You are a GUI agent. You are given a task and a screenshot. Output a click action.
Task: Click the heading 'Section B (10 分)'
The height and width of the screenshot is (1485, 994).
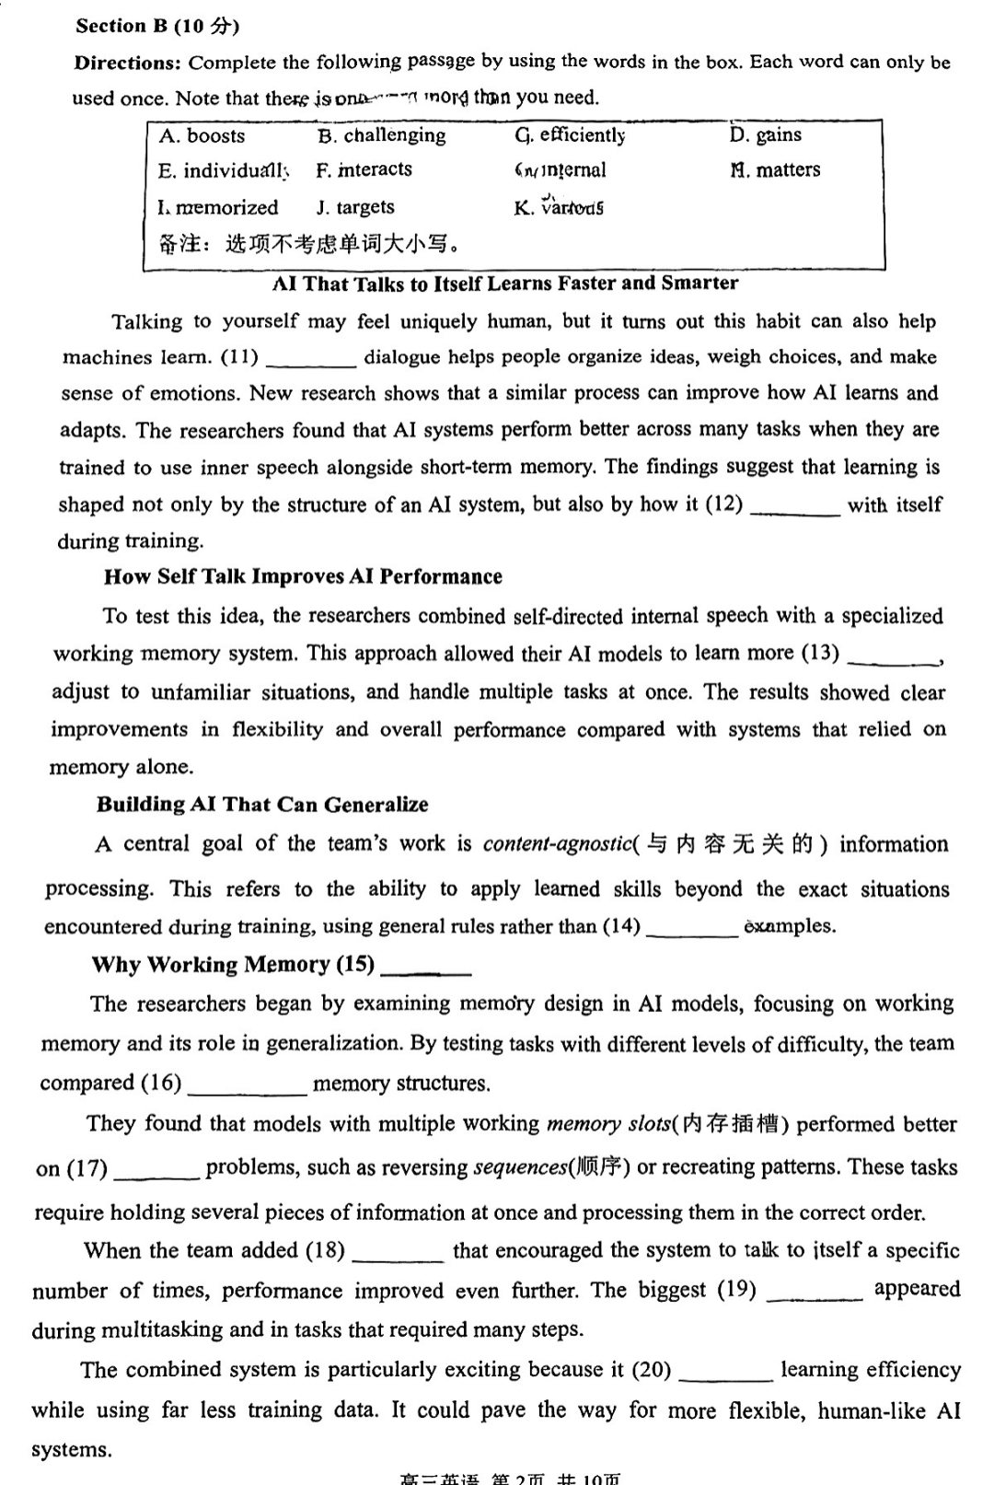point(157,26)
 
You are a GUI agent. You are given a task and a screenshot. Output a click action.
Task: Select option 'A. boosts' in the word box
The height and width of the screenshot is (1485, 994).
point(202,136)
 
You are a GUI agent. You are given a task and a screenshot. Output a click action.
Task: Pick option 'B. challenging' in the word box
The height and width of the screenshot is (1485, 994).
point(381,136)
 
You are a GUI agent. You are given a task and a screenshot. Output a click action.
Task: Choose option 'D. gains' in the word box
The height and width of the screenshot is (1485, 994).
point(765,135)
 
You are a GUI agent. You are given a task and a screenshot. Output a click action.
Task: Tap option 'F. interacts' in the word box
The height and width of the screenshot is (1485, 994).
point(364,170)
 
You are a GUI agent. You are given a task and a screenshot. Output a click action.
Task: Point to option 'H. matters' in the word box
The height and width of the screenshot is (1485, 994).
point(775,170)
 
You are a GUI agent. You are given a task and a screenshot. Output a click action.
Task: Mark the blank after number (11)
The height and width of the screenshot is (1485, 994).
point(310,360)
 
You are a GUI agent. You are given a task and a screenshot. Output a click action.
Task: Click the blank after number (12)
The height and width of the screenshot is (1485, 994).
point(794,508)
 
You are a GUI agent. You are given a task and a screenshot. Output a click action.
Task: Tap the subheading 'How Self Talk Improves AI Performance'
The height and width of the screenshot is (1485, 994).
point(303,577)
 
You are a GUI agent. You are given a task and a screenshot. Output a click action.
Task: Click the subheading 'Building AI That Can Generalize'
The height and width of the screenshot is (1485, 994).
point(262,805)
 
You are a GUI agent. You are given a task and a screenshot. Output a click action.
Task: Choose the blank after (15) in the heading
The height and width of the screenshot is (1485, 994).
point(425,969)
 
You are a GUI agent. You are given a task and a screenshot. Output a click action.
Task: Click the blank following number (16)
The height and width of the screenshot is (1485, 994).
point(247,1087)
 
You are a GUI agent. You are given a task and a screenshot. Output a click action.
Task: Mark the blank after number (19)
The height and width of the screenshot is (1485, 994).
point(814,1294)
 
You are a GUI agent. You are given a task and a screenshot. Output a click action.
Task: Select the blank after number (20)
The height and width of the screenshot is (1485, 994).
point(725,1375)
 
